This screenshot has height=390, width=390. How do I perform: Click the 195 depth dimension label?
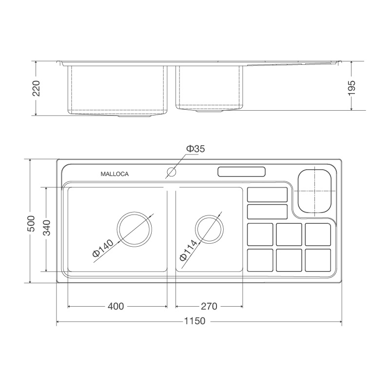point(352,87)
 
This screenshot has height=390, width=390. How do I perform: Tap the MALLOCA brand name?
point(115,174)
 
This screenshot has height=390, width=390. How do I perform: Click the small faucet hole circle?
point(171,172)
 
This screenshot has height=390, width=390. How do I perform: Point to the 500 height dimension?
point(31,223)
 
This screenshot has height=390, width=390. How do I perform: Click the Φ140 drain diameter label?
point(102,248)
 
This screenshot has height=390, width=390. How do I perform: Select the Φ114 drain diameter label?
point(188,250)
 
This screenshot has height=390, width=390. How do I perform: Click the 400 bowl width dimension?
point(116,306)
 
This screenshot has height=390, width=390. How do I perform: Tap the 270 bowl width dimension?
point(209,306)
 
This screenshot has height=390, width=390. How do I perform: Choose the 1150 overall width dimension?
point(195,322)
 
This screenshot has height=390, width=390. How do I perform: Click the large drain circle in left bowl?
point(135,229)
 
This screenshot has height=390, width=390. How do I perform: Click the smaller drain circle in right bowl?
point(210,228)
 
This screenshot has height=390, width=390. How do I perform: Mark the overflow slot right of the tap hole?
point(241,172)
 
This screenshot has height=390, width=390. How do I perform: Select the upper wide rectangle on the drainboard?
point(267,195)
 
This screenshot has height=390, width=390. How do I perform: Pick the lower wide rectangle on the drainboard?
point(267,212)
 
